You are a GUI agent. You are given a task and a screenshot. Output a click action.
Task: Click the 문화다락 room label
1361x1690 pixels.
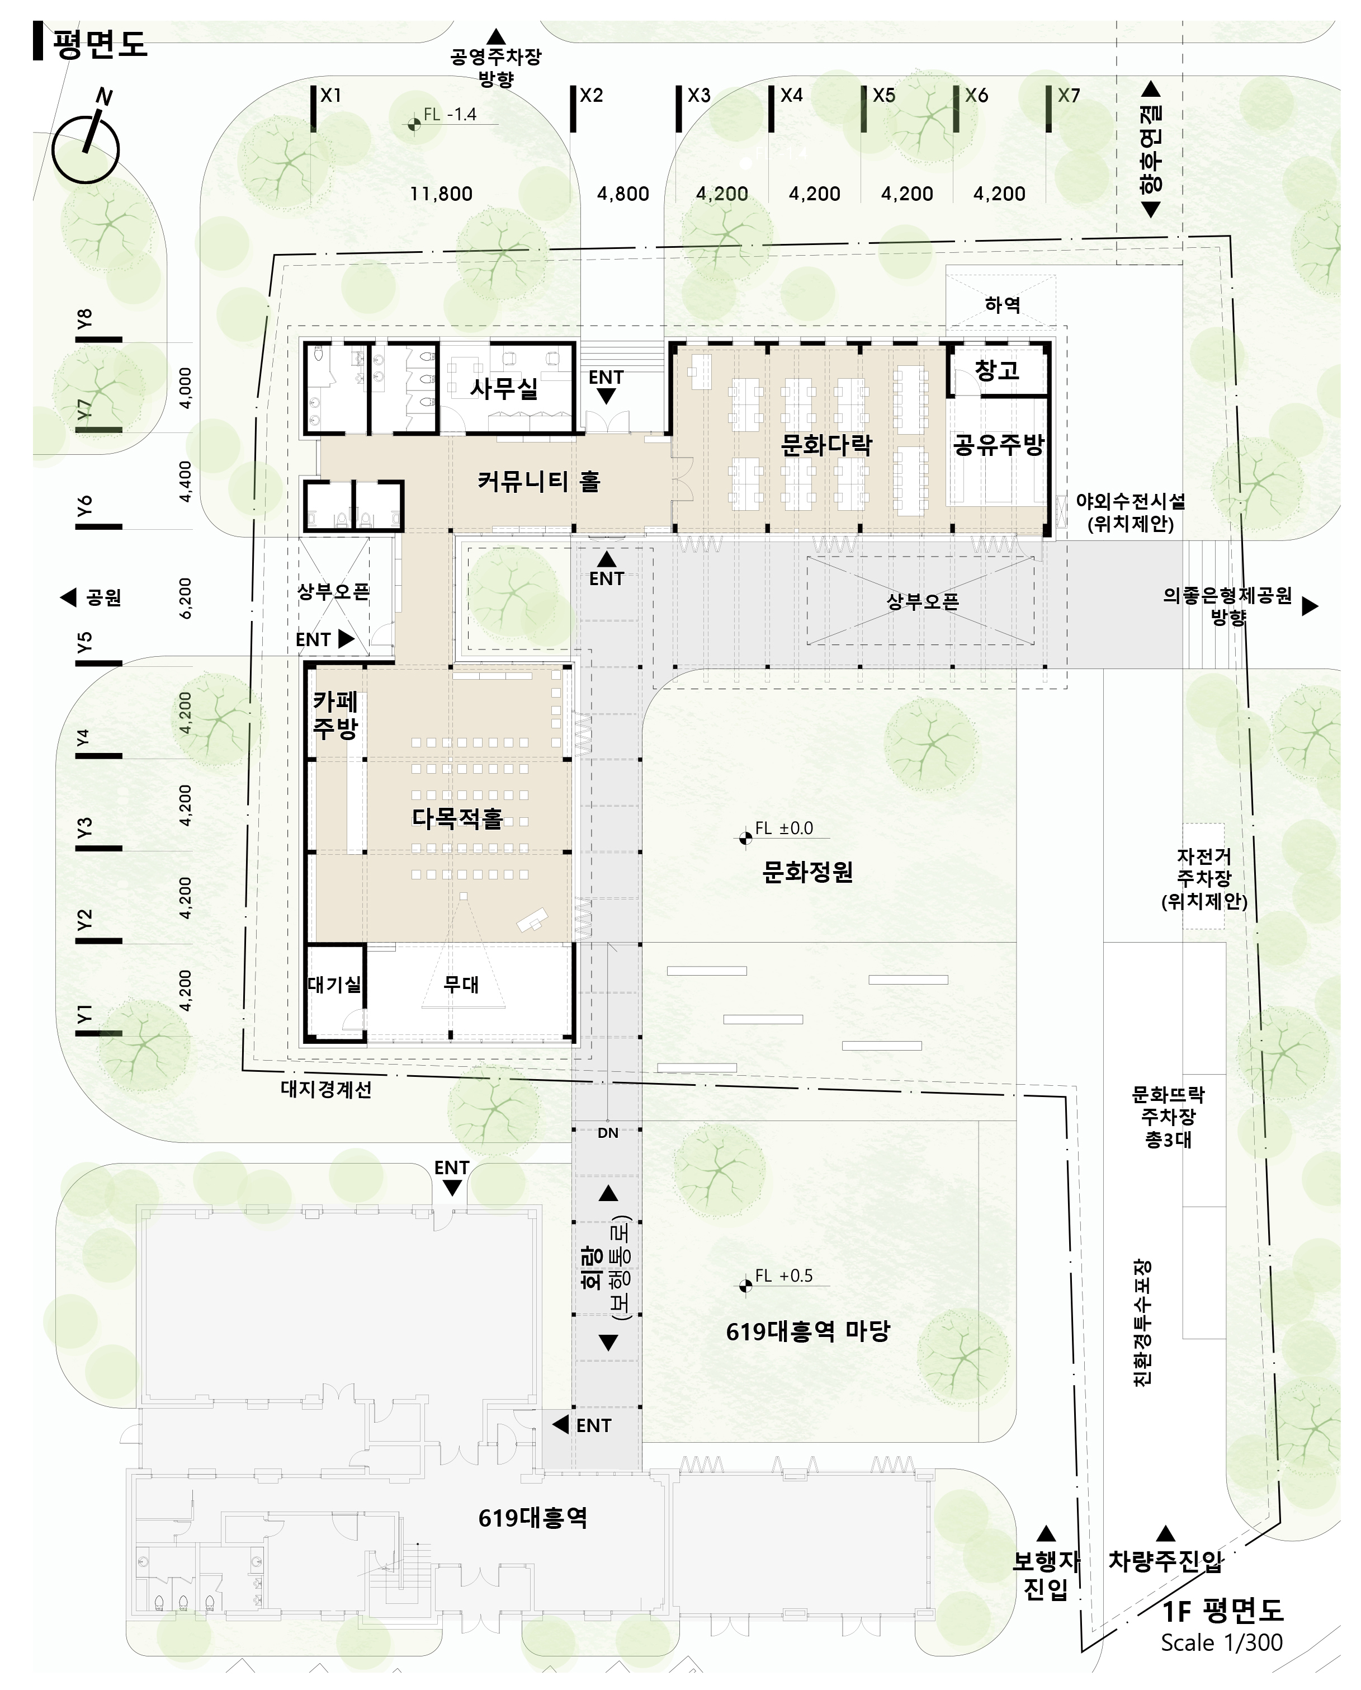pyautogui.click(x=826, y=445)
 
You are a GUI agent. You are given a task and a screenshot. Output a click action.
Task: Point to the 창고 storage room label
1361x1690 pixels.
pyautogui.click(x=996, y=370)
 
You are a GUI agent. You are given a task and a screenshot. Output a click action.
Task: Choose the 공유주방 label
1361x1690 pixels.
pyautogui.click(x=998, y=445)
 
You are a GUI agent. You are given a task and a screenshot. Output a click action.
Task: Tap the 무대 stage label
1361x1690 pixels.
pyautogui.click(x=461, y=984)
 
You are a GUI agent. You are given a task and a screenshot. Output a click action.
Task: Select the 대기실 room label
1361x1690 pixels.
pyautogui.click(x=335, y=984)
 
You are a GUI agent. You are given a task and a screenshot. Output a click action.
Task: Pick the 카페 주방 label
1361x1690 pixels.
pyautogui.click(x=335, y=714)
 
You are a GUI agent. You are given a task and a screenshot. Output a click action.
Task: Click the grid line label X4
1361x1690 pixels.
pyautogui.click(x=792, y=96)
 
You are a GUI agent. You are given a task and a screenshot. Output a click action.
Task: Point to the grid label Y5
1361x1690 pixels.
pyautogui.click(x=84, y=642)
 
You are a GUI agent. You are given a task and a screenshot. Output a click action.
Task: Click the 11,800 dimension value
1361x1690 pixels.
pyautogui.click(x=441, y=194)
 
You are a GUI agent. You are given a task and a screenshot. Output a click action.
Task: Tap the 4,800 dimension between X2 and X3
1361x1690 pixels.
pyautogui.click(x=623, y=194)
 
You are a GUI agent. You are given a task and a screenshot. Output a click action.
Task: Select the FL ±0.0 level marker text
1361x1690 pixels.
pyautogui.click(x=784, y=828)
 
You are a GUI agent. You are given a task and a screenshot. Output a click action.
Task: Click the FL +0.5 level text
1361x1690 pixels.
pyautogui.click(x=784, y=1276)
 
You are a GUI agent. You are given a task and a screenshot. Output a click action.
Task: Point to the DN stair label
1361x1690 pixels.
pyautogui.click(x=608, y=1133)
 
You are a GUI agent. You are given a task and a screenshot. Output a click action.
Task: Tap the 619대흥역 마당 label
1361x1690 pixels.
pyautogui.click(x=807, y=1331)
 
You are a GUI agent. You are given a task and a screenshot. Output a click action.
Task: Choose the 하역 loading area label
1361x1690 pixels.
pyautogui.click(x=1003, y=304)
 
